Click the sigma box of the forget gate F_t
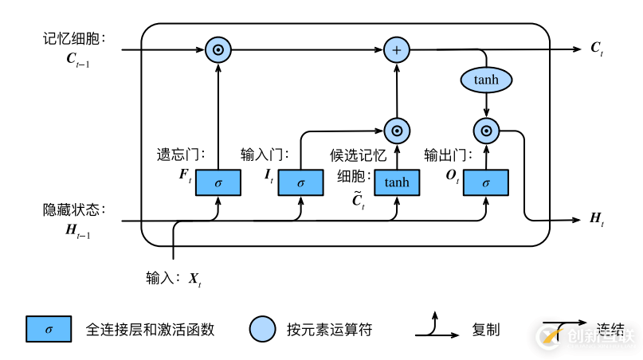click(217, 182)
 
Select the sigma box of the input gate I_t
click(300, 182)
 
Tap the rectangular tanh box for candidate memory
click(396, 182)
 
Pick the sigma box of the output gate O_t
click(486, 182)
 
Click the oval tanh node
click(486, 80)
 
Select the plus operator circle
click(396, 50)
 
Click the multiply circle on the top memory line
click(217, 50)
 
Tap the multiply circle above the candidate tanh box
click(396, 130)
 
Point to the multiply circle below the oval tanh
click(486, 130)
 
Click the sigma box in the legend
click(49, 328)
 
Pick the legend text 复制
click(486, 328)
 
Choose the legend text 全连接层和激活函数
click(150, 328)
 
